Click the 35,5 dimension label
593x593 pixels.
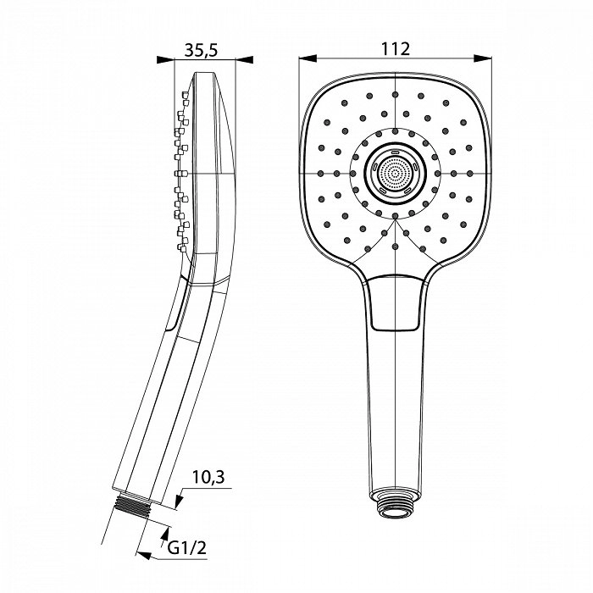point(202,50)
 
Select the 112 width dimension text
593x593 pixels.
point(396,49)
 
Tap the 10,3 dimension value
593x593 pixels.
point(208,477)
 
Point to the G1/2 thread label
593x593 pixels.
point(187,547)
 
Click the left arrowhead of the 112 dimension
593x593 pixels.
point(308,58)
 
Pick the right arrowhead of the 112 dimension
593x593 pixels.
point(483,58)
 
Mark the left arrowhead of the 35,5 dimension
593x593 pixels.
point(165,60)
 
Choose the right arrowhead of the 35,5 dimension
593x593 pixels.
point(244,60)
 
